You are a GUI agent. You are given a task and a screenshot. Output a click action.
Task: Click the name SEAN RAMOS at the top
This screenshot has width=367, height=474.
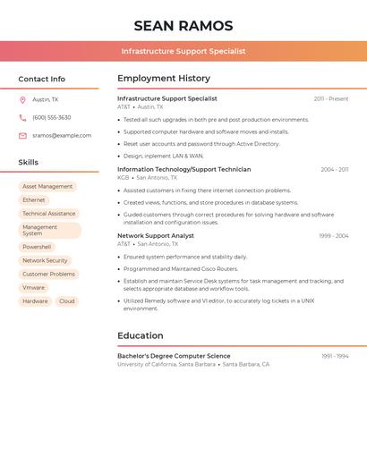click(x=183, y=26)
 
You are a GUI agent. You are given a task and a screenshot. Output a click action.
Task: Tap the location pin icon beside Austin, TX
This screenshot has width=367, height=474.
click(x=22, y=100)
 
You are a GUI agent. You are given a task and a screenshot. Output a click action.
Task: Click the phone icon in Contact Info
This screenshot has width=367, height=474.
click(x=22, y=118)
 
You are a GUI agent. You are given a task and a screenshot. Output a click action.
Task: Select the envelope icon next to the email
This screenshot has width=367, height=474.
click(x=22, y=136)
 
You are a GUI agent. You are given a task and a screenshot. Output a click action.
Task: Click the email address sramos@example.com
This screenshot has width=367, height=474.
click(x=62, y=136)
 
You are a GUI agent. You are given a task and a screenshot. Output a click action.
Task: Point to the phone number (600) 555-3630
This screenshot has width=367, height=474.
click(x=52, y=118)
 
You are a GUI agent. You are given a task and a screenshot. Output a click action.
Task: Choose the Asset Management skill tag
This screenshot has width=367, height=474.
click(x=47, y=187)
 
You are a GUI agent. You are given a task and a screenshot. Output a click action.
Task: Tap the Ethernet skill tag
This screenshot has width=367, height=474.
click(x=34, y=200)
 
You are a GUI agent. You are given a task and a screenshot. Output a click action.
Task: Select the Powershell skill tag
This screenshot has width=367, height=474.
click(x=37, y=247)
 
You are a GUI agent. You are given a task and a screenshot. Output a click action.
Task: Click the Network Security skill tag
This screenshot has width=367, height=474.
click(x=45, y=260)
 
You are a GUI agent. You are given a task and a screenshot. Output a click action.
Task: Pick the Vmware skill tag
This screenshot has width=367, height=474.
click(x=34, y=288)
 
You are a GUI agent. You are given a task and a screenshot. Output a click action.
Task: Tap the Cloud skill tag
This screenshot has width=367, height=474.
click(x=67, y=301)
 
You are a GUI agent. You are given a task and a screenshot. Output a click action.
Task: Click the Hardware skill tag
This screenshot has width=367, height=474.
click(x=35, y=301)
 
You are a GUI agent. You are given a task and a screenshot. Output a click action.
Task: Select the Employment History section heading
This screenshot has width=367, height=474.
click(x=164, y=79)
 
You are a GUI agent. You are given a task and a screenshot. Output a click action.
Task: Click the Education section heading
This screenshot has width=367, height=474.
click(x=141, y=336)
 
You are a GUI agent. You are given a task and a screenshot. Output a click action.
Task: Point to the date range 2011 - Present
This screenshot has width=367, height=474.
click(x=330, y=99)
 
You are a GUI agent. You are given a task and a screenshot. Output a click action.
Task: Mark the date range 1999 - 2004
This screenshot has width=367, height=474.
click(x=334, y=236)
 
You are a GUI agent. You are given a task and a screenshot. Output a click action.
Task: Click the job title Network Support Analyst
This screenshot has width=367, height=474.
click(x=156, y=236)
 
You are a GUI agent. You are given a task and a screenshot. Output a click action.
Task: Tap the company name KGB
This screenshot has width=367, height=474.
click(x=124, y=177)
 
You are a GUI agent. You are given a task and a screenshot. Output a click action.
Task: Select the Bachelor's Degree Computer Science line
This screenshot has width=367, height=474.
click(x=174, y=356)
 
